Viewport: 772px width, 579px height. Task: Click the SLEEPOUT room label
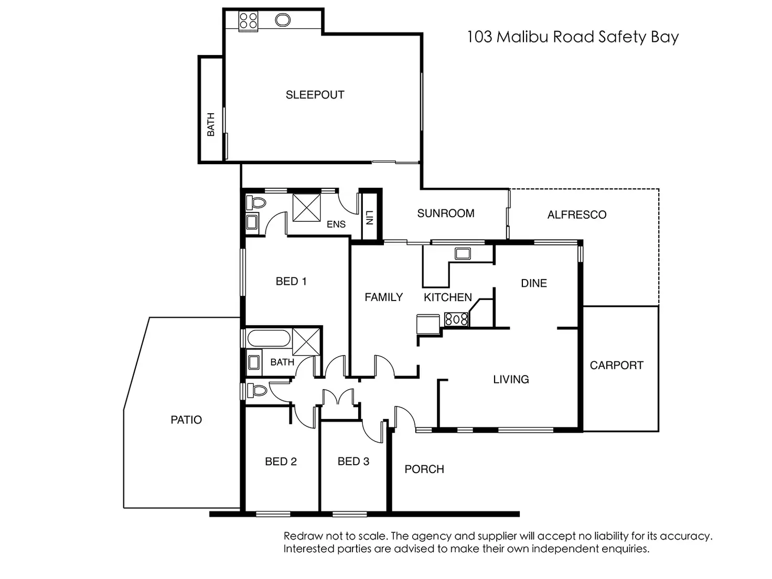[315, 95]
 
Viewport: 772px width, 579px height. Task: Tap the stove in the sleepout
[248, 21]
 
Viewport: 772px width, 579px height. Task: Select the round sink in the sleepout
[283, 20]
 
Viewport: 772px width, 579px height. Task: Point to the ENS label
[336, 224]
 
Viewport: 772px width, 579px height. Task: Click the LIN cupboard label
[369, 217]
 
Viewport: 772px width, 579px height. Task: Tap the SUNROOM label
[446, 213]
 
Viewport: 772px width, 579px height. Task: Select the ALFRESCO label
[576, 215]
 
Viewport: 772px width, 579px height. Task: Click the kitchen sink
[463, 254]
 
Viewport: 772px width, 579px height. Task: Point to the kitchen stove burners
[456, 319]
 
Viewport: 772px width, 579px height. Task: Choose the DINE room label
[534, 283]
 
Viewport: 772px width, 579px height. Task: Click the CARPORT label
[616, 366]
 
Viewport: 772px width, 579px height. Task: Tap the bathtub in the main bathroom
[267, 338]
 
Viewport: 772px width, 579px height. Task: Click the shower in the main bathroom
[306, 341]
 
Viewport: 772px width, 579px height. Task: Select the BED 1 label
[291, 282]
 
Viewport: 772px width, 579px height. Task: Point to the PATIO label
[186, 420]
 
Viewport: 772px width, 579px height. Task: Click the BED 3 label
[353, 462]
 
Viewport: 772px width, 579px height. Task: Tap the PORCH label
[424, 469]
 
